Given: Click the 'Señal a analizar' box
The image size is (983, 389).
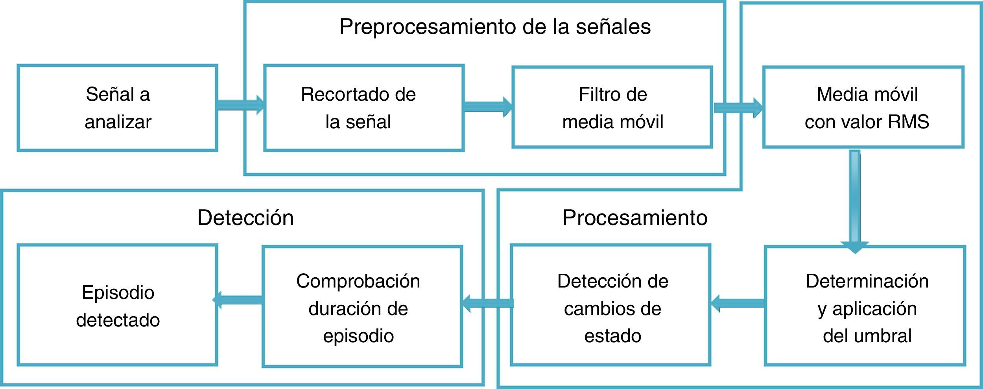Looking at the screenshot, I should (118, 108).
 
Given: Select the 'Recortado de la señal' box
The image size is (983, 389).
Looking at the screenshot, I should (364, 108).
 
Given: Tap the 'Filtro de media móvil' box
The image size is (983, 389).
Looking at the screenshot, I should (612, 107).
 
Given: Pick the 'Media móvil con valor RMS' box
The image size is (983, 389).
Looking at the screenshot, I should (863, 107).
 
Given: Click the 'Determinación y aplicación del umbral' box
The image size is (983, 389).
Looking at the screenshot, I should (865, 306).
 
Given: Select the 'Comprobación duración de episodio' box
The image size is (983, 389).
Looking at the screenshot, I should (362, 307).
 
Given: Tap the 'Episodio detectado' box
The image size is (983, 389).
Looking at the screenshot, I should (118, 305).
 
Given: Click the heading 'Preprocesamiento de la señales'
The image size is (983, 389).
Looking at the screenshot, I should (495, 27).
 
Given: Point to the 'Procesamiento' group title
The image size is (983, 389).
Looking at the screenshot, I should (634, 218).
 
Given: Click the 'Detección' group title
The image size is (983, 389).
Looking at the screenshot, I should (245, 218).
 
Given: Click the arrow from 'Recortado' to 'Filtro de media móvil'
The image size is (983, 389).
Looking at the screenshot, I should (488, 107).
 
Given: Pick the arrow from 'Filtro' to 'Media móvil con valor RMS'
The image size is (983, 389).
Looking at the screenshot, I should (738, 107).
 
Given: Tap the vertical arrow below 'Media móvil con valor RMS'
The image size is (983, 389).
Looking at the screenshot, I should (854, 201).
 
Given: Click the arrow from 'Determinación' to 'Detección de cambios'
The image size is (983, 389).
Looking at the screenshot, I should (738, 303).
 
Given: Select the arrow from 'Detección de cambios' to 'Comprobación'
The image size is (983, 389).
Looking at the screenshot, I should (488, 303).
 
